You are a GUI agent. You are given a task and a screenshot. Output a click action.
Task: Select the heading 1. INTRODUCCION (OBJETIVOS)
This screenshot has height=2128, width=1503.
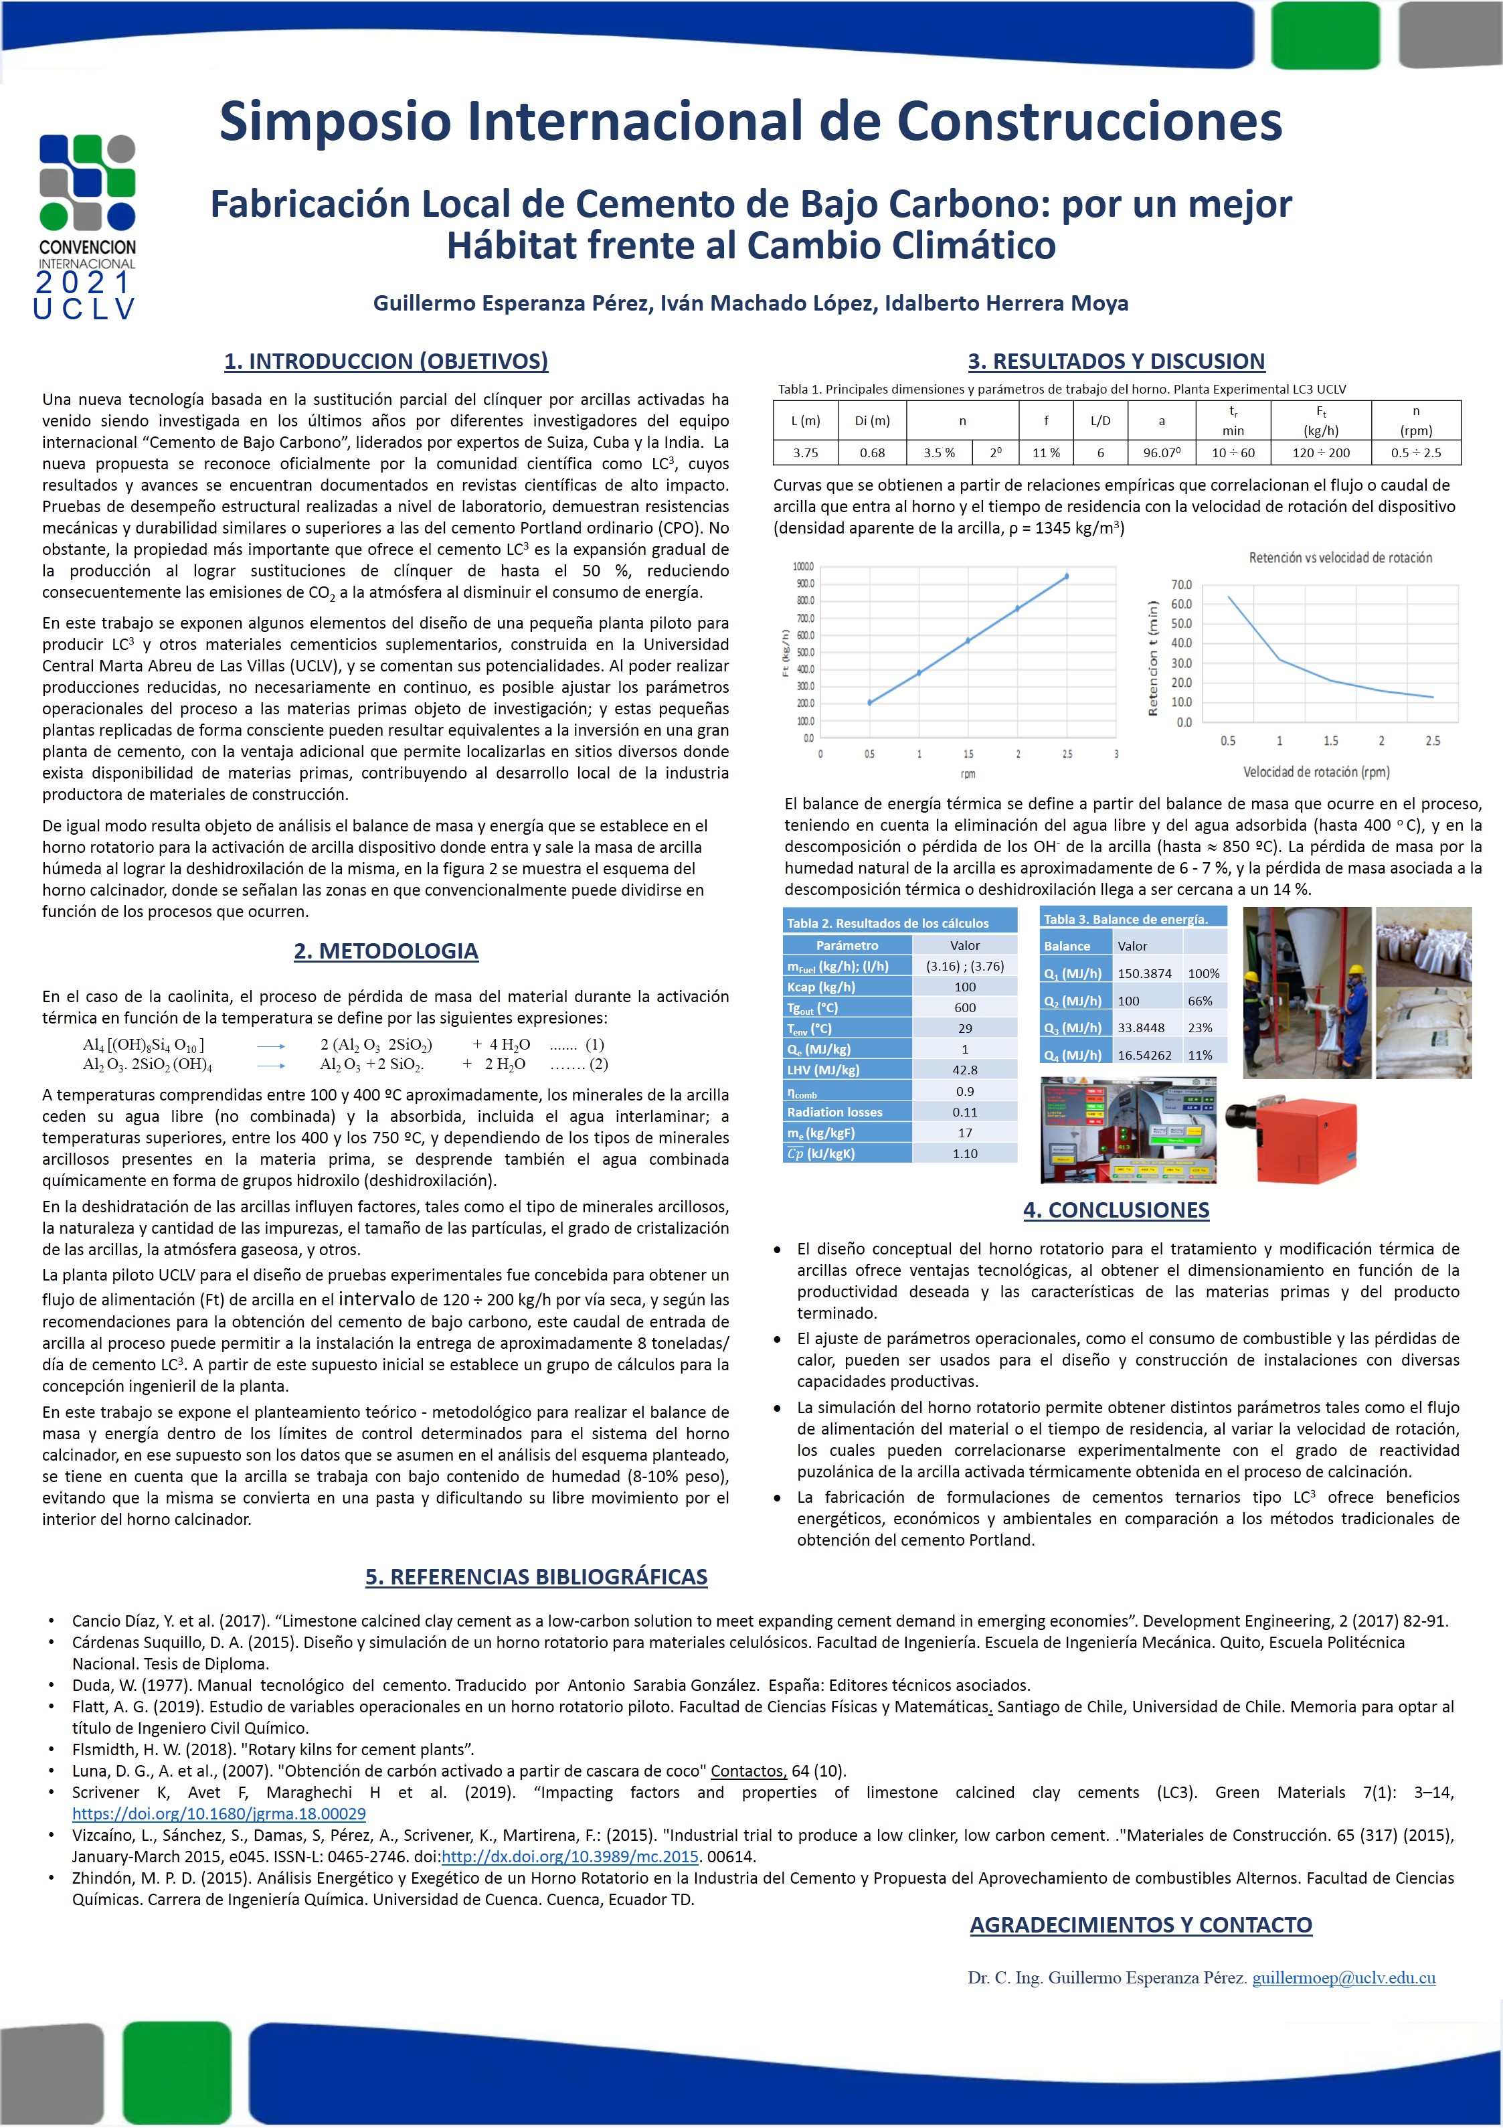385,361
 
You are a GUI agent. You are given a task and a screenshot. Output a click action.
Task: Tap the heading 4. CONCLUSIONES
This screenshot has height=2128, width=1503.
1116,1210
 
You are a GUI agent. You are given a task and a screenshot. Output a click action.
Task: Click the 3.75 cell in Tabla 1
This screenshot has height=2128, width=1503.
805,453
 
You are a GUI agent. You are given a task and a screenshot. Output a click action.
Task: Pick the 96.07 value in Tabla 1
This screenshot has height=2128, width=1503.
1161,453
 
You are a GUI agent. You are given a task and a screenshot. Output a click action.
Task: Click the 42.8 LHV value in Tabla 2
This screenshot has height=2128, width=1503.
964,1070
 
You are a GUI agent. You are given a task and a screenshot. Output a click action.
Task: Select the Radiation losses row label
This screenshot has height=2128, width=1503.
835,1111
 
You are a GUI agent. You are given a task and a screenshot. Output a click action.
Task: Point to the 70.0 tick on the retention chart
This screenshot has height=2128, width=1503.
1182,585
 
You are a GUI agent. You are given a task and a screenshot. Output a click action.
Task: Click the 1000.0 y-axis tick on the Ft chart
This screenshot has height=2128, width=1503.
804,566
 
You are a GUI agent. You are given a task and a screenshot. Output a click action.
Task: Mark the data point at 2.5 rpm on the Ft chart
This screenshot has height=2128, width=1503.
1067,576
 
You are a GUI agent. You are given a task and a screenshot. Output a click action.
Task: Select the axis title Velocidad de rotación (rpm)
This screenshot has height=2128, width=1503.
1316,771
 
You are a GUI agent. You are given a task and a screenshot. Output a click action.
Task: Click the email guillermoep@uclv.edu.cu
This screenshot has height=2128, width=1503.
1344,1978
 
